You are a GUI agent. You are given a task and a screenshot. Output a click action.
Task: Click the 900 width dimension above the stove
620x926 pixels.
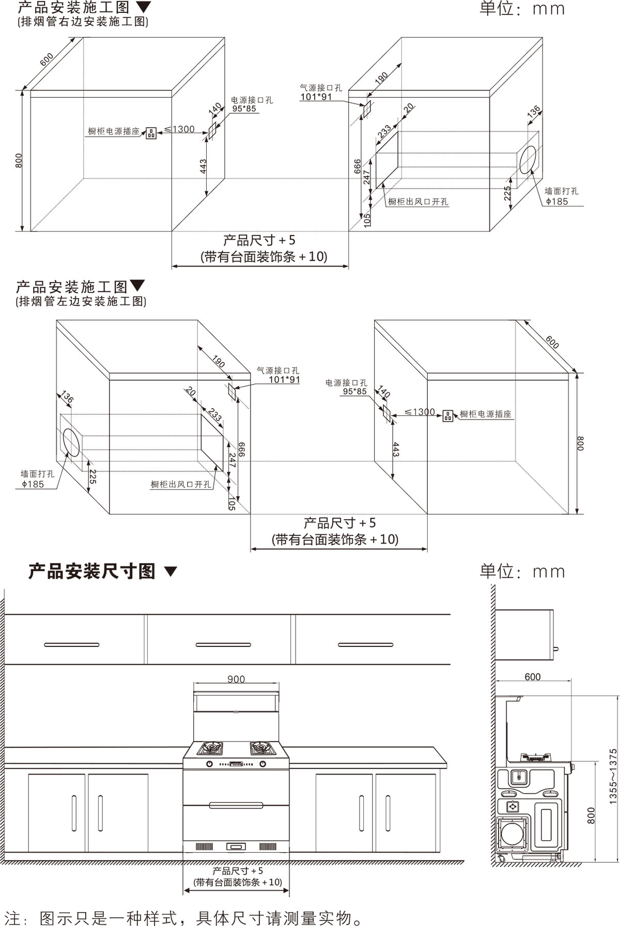[x=236, y=679]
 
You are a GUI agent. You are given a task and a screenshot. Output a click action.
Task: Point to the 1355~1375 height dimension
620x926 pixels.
[x=613, y=776]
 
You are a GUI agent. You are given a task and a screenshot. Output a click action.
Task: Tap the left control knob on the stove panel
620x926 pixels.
[x=209, y=764]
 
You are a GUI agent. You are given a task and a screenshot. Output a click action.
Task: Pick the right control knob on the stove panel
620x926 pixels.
[x=262, y=764]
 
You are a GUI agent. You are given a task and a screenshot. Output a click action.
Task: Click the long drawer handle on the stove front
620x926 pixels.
[x=236, y=805]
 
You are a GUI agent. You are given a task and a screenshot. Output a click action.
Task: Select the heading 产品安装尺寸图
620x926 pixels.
[x=92, y=572]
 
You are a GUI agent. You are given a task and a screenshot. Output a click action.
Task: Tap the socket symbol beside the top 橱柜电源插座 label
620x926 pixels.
[x=151, y=133]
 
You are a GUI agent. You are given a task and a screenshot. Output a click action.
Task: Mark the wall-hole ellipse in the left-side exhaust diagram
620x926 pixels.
[x=72, y=443]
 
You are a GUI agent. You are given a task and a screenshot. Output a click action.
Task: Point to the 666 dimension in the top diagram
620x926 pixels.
[x=358, y=166]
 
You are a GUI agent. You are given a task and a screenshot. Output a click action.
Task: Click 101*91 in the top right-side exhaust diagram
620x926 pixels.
[x=316, y=97]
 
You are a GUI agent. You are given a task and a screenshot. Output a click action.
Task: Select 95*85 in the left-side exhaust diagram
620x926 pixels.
[x=354, y=391]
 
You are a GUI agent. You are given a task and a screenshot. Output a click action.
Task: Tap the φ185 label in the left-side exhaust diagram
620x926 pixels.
[x=33, y=484]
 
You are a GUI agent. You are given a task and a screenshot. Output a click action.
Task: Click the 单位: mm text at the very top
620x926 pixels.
[x=522, y=9]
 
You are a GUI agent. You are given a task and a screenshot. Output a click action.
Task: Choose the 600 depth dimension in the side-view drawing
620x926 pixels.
[x=532, y=676]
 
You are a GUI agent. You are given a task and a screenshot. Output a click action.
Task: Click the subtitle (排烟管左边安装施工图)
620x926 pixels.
[x=81, y=301]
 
